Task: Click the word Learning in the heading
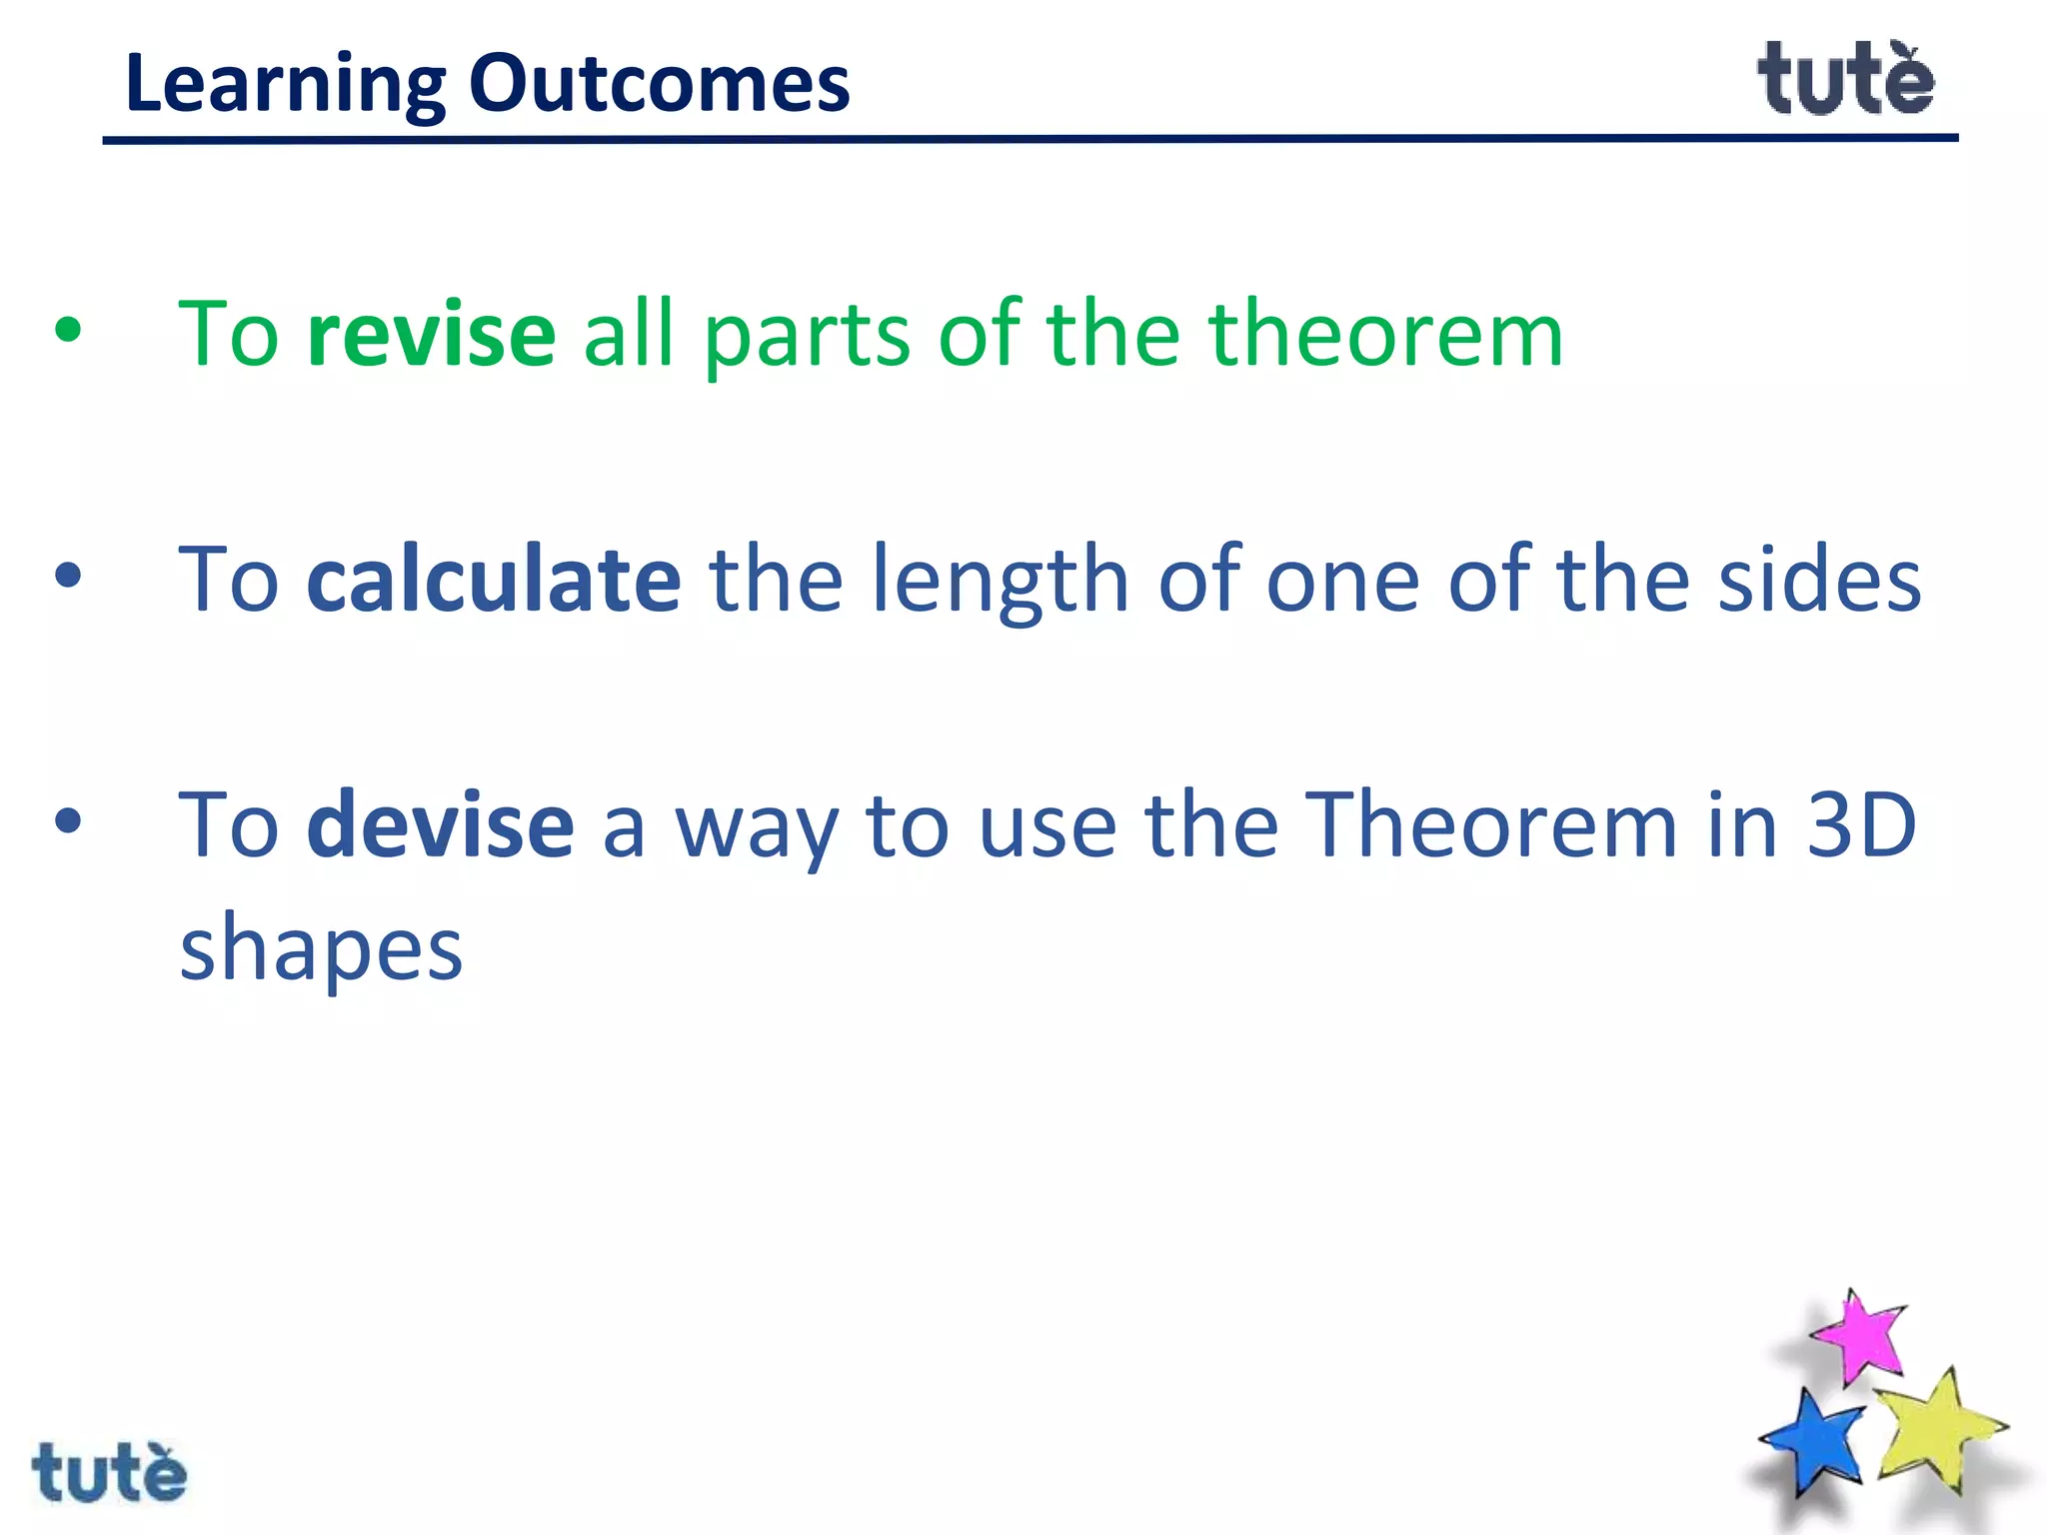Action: pos(285,85)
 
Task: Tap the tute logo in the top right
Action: pos(1845,79)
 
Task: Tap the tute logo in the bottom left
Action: pos(109,1472)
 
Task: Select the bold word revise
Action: pos(431,334)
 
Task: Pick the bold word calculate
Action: pos(494,580)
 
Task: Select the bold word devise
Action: pos(440,825)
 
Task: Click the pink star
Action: pos(1858,1337)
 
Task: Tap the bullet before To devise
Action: pos(68,822)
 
